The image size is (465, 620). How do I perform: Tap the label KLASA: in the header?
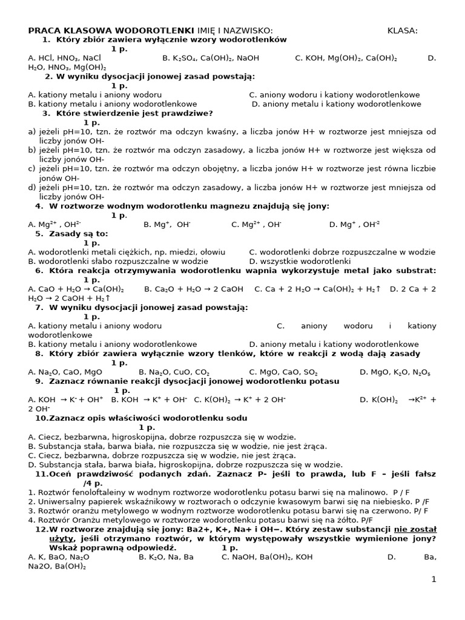[403, 30]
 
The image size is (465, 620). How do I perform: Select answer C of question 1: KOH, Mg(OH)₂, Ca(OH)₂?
[346, 58]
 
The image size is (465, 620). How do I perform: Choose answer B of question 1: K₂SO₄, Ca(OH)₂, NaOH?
[211, 58]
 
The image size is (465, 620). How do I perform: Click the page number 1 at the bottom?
[434, 579]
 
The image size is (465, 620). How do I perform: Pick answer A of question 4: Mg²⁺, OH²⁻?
[54, 225]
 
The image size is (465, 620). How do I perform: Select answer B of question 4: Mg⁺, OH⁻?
[167, 225]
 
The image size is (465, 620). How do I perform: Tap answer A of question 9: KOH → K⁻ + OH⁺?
[66, 400]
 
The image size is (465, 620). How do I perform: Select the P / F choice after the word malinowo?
[401, 492]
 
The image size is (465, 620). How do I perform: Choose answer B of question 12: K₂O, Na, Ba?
[167, 557]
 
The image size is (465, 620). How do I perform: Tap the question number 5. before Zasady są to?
[39, 234]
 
